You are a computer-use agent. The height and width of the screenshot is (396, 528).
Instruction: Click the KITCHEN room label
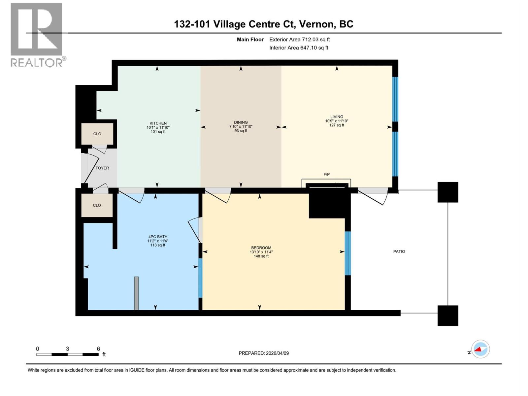point(158,123)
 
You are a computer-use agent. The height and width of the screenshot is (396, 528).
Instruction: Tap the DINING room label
point(241,122)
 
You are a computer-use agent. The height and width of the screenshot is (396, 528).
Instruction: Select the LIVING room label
point(337,117)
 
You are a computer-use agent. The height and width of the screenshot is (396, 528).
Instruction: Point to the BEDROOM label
point(261,248)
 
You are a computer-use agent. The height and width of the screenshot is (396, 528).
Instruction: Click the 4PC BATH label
point(158,237)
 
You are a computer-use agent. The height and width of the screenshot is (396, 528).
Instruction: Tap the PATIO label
point(399,251)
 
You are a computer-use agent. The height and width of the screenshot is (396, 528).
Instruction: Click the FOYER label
point(102,168)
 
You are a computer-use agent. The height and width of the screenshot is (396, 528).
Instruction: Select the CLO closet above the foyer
point(97,134)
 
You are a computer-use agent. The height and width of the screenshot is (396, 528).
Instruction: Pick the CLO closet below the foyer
point(97,205)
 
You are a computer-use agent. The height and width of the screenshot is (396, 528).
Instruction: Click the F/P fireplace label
point(326,175)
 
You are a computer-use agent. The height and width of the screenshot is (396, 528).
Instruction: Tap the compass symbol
point(480,349)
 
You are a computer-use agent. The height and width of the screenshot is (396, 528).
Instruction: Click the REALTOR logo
point(37,35)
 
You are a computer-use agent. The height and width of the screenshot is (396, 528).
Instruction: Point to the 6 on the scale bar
point(98,349)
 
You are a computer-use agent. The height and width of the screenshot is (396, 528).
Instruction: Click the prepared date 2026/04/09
point(277,353)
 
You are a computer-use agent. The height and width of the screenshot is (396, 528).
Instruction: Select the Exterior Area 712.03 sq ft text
point(299,40)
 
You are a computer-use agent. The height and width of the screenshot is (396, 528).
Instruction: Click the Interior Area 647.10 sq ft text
point(299,48)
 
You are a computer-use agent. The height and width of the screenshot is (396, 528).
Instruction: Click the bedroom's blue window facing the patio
point(347,253)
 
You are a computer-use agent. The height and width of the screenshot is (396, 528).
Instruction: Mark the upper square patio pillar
point(447,192)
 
